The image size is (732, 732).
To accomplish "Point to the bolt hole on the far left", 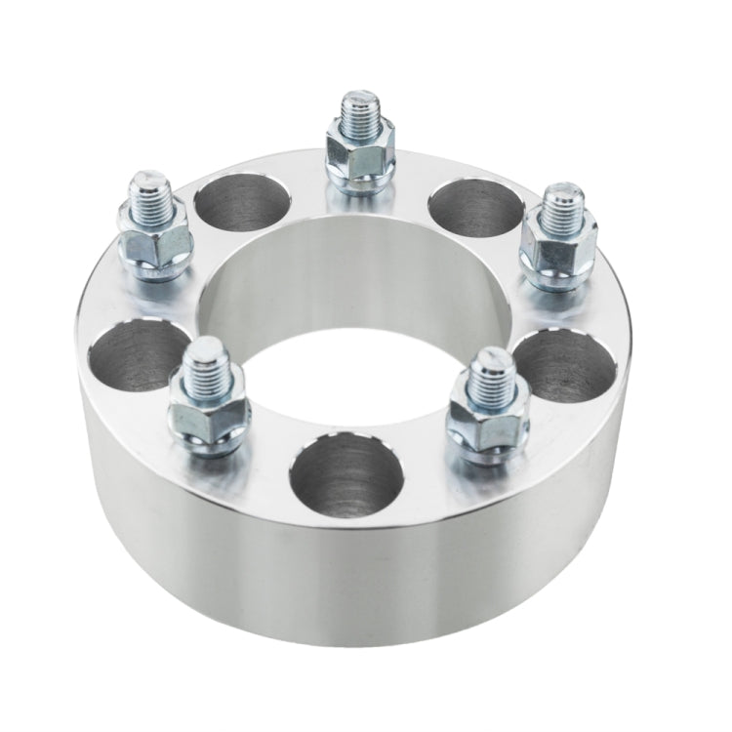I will (x=135, y=353).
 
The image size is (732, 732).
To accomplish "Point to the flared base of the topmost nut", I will (x=361, y=180).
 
